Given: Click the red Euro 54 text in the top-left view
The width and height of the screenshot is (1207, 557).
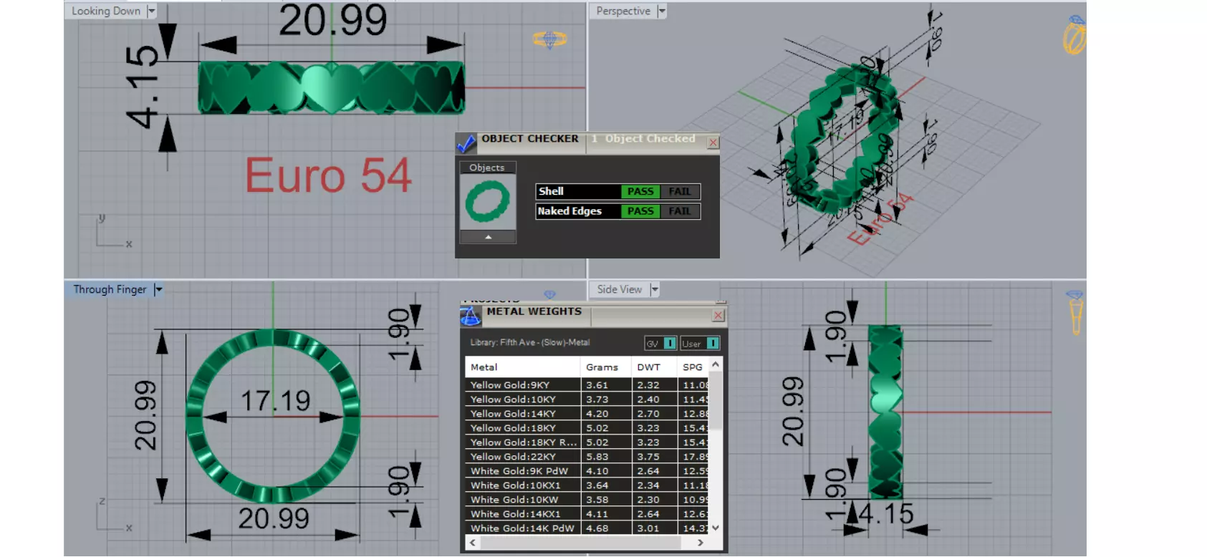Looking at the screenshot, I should pos(328,175).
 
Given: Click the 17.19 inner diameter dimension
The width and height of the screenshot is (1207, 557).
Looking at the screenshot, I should pos(275,401).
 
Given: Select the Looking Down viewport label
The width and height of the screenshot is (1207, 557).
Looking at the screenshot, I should pos(106,11).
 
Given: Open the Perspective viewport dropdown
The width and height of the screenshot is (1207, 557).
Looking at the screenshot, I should pos(662,11).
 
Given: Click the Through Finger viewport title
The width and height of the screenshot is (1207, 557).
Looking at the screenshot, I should pos(110,289).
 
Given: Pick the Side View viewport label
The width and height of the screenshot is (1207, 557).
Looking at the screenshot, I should pos(620,289).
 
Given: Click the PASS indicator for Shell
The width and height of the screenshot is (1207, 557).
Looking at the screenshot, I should pos(640,192).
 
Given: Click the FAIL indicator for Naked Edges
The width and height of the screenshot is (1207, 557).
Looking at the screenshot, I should pos(679,211).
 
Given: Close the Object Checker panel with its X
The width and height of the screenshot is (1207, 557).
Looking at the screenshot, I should pos(713,142).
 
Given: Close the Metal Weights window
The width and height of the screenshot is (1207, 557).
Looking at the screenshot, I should pos(718,315).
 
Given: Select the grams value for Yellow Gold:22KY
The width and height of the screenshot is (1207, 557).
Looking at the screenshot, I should pos(597,457).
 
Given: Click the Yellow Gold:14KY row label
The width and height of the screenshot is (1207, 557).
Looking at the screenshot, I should pos(513,414).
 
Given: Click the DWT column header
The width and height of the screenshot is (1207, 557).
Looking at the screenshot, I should pos(648,367).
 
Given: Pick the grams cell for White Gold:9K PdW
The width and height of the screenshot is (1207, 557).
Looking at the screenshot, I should pos(597,471).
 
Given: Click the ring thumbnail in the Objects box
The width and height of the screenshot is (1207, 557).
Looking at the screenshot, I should pos(488,202).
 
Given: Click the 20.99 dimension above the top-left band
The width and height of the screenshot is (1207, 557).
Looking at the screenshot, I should pos(332,21).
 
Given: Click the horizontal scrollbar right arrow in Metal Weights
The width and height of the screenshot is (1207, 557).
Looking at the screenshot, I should pos(700,543).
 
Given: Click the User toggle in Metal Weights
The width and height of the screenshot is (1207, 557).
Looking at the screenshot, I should pos(700,344).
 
